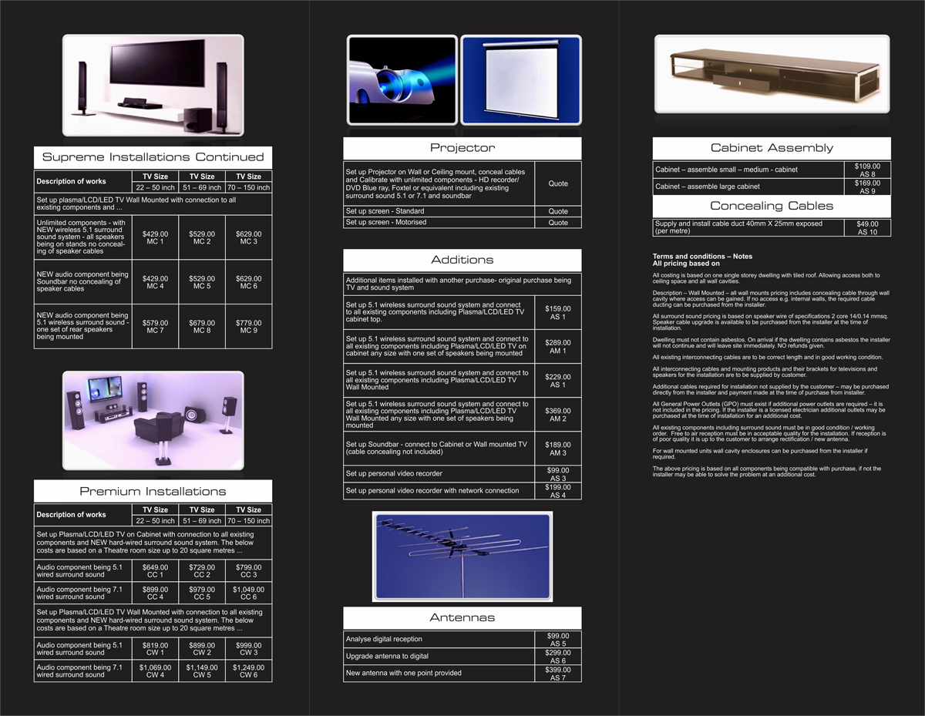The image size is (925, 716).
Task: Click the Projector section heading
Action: [462, 148]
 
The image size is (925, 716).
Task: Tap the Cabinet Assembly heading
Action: [772, 148]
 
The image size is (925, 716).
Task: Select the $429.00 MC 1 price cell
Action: [155, 237]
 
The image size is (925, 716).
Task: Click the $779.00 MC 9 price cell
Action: [249, 326]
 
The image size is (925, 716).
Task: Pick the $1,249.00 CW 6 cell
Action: [249, 671]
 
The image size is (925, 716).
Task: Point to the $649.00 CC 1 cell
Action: [155, 570]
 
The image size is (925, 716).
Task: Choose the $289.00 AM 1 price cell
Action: [557, 346]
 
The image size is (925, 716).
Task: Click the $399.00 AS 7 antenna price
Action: [557, 674]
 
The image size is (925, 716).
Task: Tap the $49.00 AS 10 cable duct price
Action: [867, 227]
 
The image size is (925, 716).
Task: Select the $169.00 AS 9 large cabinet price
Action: [867, 187]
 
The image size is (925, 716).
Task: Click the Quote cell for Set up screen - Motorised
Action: [557, 223]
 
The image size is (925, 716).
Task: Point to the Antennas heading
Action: [462, 617]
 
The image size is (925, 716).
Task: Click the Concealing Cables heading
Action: [772, 206]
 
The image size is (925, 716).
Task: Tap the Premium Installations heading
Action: [153, 492]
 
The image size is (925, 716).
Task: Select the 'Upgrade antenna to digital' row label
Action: [387, 656]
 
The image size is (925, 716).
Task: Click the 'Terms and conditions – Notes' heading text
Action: [702, 256]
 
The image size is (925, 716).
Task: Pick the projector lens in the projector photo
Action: [386, 84]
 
